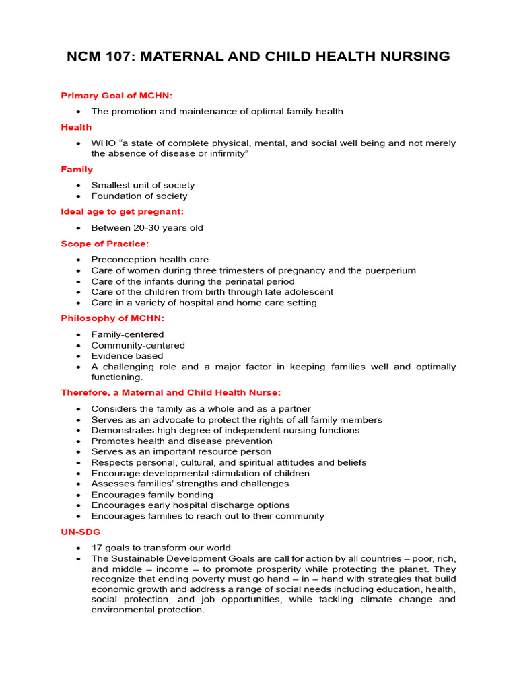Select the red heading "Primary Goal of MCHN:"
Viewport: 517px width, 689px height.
coord(116,96)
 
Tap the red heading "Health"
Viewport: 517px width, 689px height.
coord(76,127)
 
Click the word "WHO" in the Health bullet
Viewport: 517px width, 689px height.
coord(102,143)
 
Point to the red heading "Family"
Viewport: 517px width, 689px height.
coord(77,170)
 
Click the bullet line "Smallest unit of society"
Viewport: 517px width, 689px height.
coord(143,185)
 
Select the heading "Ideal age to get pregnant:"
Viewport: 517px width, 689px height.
coord(122,212)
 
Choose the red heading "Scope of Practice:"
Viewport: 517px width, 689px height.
coord(105,244)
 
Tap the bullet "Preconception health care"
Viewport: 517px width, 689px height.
coord(150,260)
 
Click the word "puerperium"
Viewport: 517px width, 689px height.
coord(390,270)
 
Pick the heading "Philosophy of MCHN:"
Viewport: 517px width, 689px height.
coord(112,318)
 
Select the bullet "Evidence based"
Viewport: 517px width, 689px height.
coord(127,356)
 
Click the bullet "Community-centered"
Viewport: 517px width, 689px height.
coord(138,345)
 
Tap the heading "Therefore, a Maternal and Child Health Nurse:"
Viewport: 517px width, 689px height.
coord(171,392)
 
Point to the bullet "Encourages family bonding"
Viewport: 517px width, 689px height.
coord(152,495)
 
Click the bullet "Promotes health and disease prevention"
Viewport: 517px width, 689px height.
coord(182,441)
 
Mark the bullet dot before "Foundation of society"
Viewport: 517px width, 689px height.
coord(79,196)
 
